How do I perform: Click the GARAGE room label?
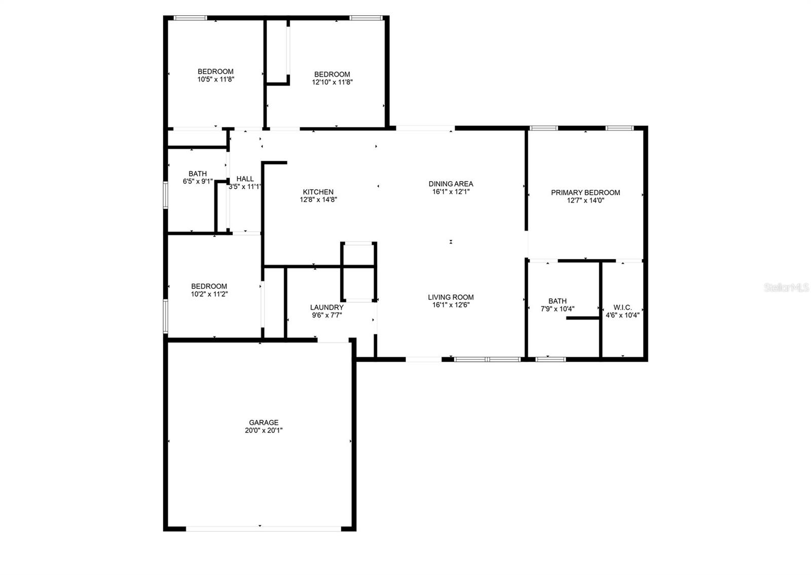pyautogui.click(x=264, y=422)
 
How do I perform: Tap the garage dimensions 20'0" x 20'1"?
pyautogui.click(x=264, y=430)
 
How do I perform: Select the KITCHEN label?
pyautogui.click(x=318, y=192)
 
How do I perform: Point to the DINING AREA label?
pyautogui.click(x=451, y=184)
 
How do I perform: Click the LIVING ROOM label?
pyautogui.click(x=451, y=297)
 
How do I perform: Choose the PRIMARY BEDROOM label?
pyautogui.click(x=585, y=192)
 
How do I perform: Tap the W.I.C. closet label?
pyautogui.click(x=622, y=307)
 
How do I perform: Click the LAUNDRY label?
pyautogui.click(x=327, y=307)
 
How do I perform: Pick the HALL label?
pyautogui.click(x=245, y=179)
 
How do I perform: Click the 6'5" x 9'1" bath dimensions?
pyautogui.click(x=198, y=181)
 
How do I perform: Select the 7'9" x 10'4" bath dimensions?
pyautogui.click(x=558, y=309)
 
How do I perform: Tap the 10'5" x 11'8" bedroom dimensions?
pyautogui.click(x=215, y=79)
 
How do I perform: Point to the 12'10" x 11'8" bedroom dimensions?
pyautogui.click(x=332, y=82)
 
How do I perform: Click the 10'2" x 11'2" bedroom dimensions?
pyautogui.click(x=209, y=294)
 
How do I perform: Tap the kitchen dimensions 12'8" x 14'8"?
pyautogui.click(x=318, y=199)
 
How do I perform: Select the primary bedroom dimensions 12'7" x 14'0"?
pyautogui.click(x=585, y=200)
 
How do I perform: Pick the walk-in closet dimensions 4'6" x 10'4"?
pyautogui.click(x=622, y=315)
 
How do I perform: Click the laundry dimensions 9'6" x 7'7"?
pyautogui.click(x=327, y=315)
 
